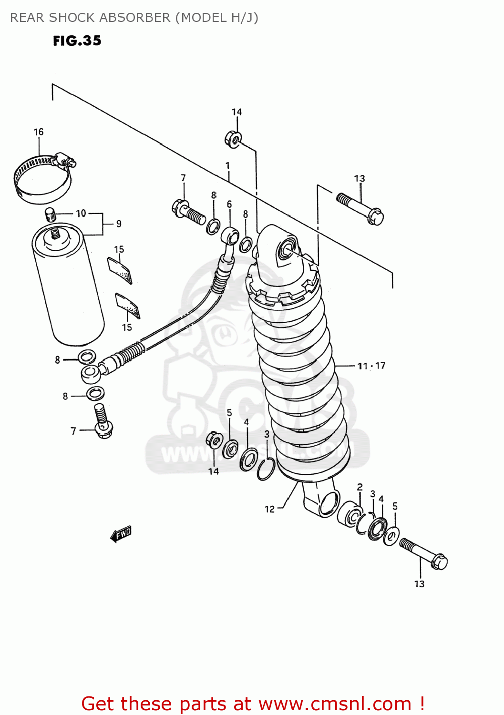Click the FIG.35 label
[x=77, y=41]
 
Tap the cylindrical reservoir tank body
[x=68, y=291]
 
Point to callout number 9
[x=119, y=224]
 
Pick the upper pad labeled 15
[x=119, y=270]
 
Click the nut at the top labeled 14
[x=232, y=139]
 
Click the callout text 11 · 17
[x=371, y=366]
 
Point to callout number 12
[x=269, y=509]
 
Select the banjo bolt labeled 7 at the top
[x=188, y=212]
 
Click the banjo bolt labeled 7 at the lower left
[x=102, y=421]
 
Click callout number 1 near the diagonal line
[x=228, y=166]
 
